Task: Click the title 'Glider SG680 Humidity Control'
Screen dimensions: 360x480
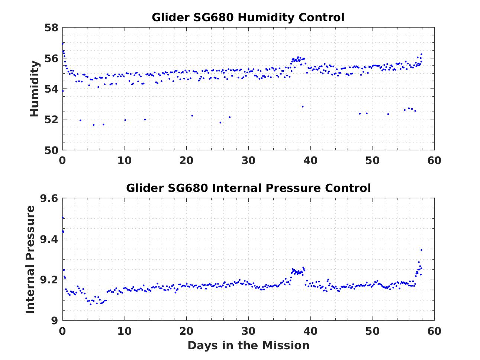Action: coord(248,17)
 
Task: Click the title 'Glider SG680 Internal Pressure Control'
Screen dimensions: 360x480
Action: coord(248,188)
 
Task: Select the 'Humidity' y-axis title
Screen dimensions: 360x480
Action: coord(34,89)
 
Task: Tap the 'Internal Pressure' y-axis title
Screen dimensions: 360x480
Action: coord(30,259)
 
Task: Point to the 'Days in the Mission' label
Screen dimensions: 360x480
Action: coord(248,345)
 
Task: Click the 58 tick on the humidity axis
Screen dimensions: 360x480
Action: coord(51,28)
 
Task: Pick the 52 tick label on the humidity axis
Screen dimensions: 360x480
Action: coord(51,119)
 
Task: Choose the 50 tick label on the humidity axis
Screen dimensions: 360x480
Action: coord(51,150)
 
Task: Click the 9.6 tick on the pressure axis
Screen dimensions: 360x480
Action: coord(49,198)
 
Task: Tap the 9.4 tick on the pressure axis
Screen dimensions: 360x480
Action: coord(49,239)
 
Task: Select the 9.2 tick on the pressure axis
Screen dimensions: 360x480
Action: coord(49,280)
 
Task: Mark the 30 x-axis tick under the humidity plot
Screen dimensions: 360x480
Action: coord(248,160)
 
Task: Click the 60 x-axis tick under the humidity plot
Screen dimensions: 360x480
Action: coord(434,160)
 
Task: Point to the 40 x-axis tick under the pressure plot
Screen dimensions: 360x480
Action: coord(310,331)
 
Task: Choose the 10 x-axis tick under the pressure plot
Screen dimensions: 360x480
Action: coord(125,331)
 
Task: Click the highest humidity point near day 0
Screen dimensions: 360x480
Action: coord(62,44)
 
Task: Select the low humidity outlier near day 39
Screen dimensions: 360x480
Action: coord(303,107)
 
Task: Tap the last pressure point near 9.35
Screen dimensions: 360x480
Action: coord(421,250)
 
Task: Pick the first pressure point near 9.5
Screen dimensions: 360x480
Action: coord(62,218)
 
